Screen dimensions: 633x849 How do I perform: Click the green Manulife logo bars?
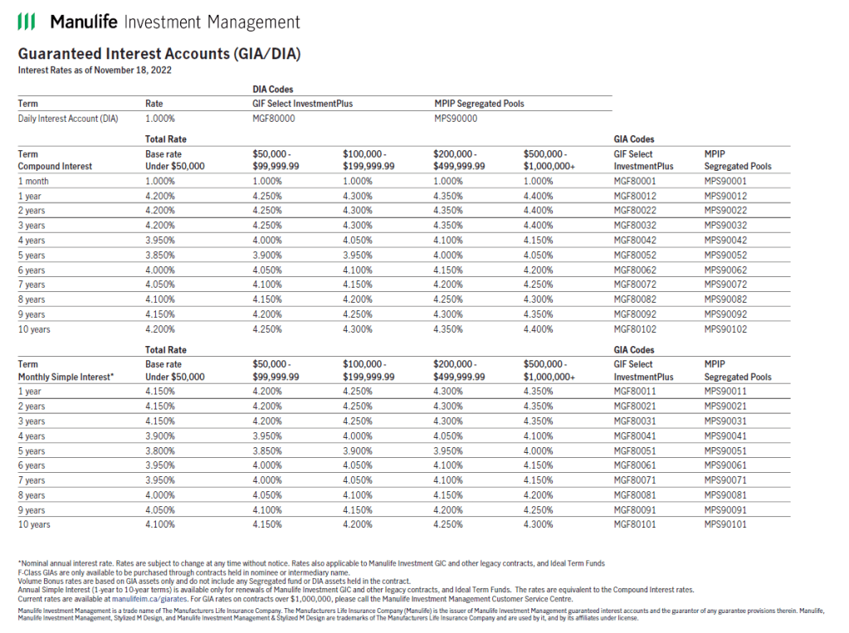[x=27, y=22]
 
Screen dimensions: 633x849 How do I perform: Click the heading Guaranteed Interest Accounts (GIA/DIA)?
[x=159, y=54]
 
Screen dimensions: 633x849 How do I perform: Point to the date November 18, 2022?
[x=134, y=71]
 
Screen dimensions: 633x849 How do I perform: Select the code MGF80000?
[x=274, y=119]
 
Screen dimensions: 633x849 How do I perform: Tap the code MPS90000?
[x=456, y=119]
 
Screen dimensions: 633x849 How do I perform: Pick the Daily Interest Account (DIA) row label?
[x=68, y=119]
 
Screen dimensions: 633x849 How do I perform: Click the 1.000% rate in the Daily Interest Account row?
[x=160, y=119]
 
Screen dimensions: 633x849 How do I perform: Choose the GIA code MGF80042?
[x=635, y=241]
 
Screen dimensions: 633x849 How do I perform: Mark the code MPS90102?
[x=725, y=329]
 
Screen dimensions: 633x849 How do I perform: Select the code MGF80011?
[x=635, y=392]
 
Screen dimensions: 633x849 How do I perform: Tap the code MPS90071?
[x=725, y=480]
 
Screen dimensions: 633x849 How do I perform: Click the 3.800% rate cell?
[x=160, y=451]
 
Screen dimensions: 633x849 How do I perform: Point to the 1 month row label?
[x=34, y=181]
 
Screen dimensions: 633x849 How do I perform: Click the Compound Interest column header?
[x=55, y=166]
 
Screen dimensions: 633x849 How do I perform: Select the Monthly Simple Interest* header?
[x=66, y=377]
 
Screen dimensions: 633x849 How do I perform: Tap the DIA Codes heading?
[x=272, y=89]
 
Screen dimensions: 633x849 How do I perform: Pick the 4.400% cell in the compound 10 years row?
[x=538, y=329]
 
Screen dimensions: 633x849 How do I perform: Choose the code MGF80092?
[x=635, y=314]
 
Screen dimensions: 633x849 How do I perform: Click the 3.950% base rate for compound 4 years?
[x=160, y=241]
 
